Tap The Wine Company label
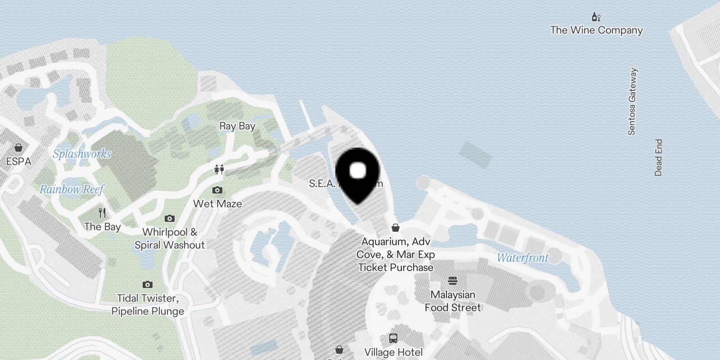coord(596,30)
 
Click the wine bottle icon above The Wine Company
coord(596,17)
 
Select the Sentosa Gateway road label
coord(632,102)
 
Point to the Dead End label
coord(658,157)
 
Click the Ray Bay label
coord(237,126)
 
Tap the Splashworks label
coord(82,154)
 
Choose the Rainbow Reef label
coord(72,189)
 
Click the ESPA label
coord(18,161)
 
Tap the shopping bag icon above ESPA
coord(18,148)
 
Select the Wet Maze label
coord(217,204)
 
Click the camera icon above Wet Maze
coord(217,190)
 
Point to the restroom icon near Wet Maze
coord(219,170)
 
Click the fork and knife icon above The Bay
coord(103,212)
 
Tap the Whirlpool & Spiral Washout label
coord(170,238)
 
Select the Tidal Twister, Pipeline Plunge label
coord(148,305)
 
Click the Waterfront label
coord(523,258)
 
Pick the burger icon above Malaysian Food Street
coord(453,281)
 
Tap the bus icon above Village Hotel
coord(393,338)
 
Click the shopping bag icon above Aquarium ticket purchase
coord(396,228)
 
